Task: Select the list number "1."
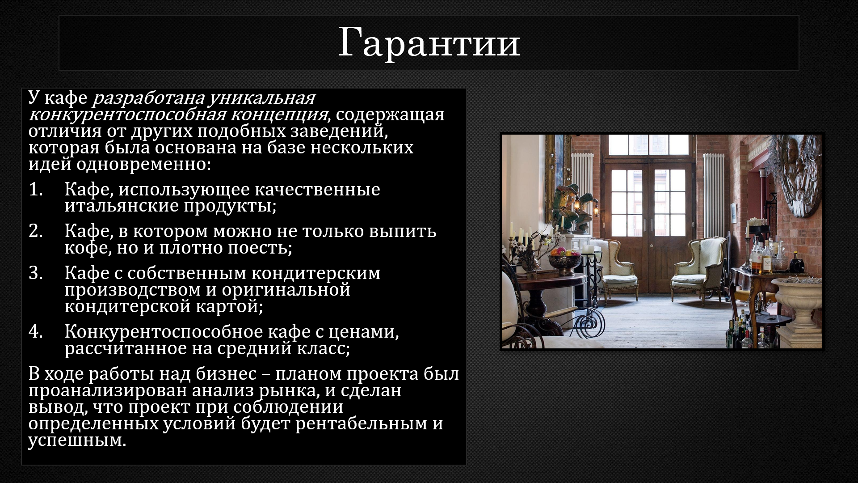[36, 190]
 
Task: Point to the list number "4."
[36, 332]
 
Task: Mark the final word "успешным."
[77, 441]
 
